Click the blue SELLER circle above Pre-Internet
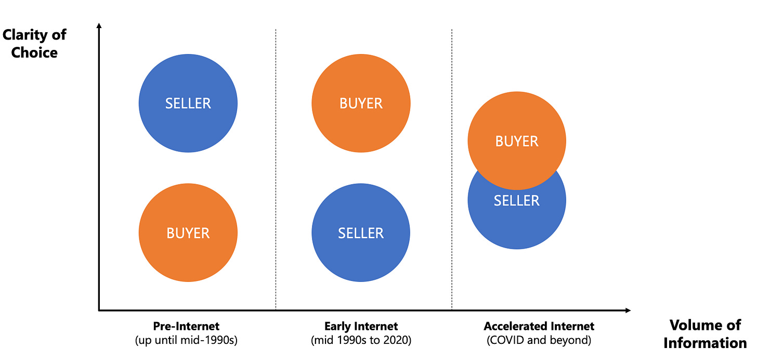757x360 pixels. point(188,103)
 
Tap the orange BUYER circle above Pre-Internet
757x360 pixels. point(188,233)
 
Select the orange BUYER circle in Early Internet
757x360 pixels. point(361,103)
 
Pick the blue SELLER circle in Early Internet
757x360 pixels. point(361,233)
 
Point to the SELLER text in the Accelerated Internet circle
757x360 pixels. point(516,201)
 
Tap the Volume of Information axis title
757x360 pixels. point(704,334)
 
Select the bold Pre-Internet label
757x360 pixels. point(186,326)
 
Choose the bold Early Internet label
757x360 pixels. point(360,326)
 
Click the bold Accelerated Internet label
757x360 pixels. point(539,326)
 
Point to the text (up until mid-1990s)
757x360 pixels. point(186,341)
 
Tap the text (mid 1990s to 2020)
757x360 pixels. point(360,341)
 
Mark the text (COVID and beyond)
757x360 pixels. point(539,341)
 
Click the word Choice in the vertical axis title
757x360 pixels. point(34,53)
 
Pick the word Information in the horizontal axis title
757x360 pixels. point(704,343)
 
